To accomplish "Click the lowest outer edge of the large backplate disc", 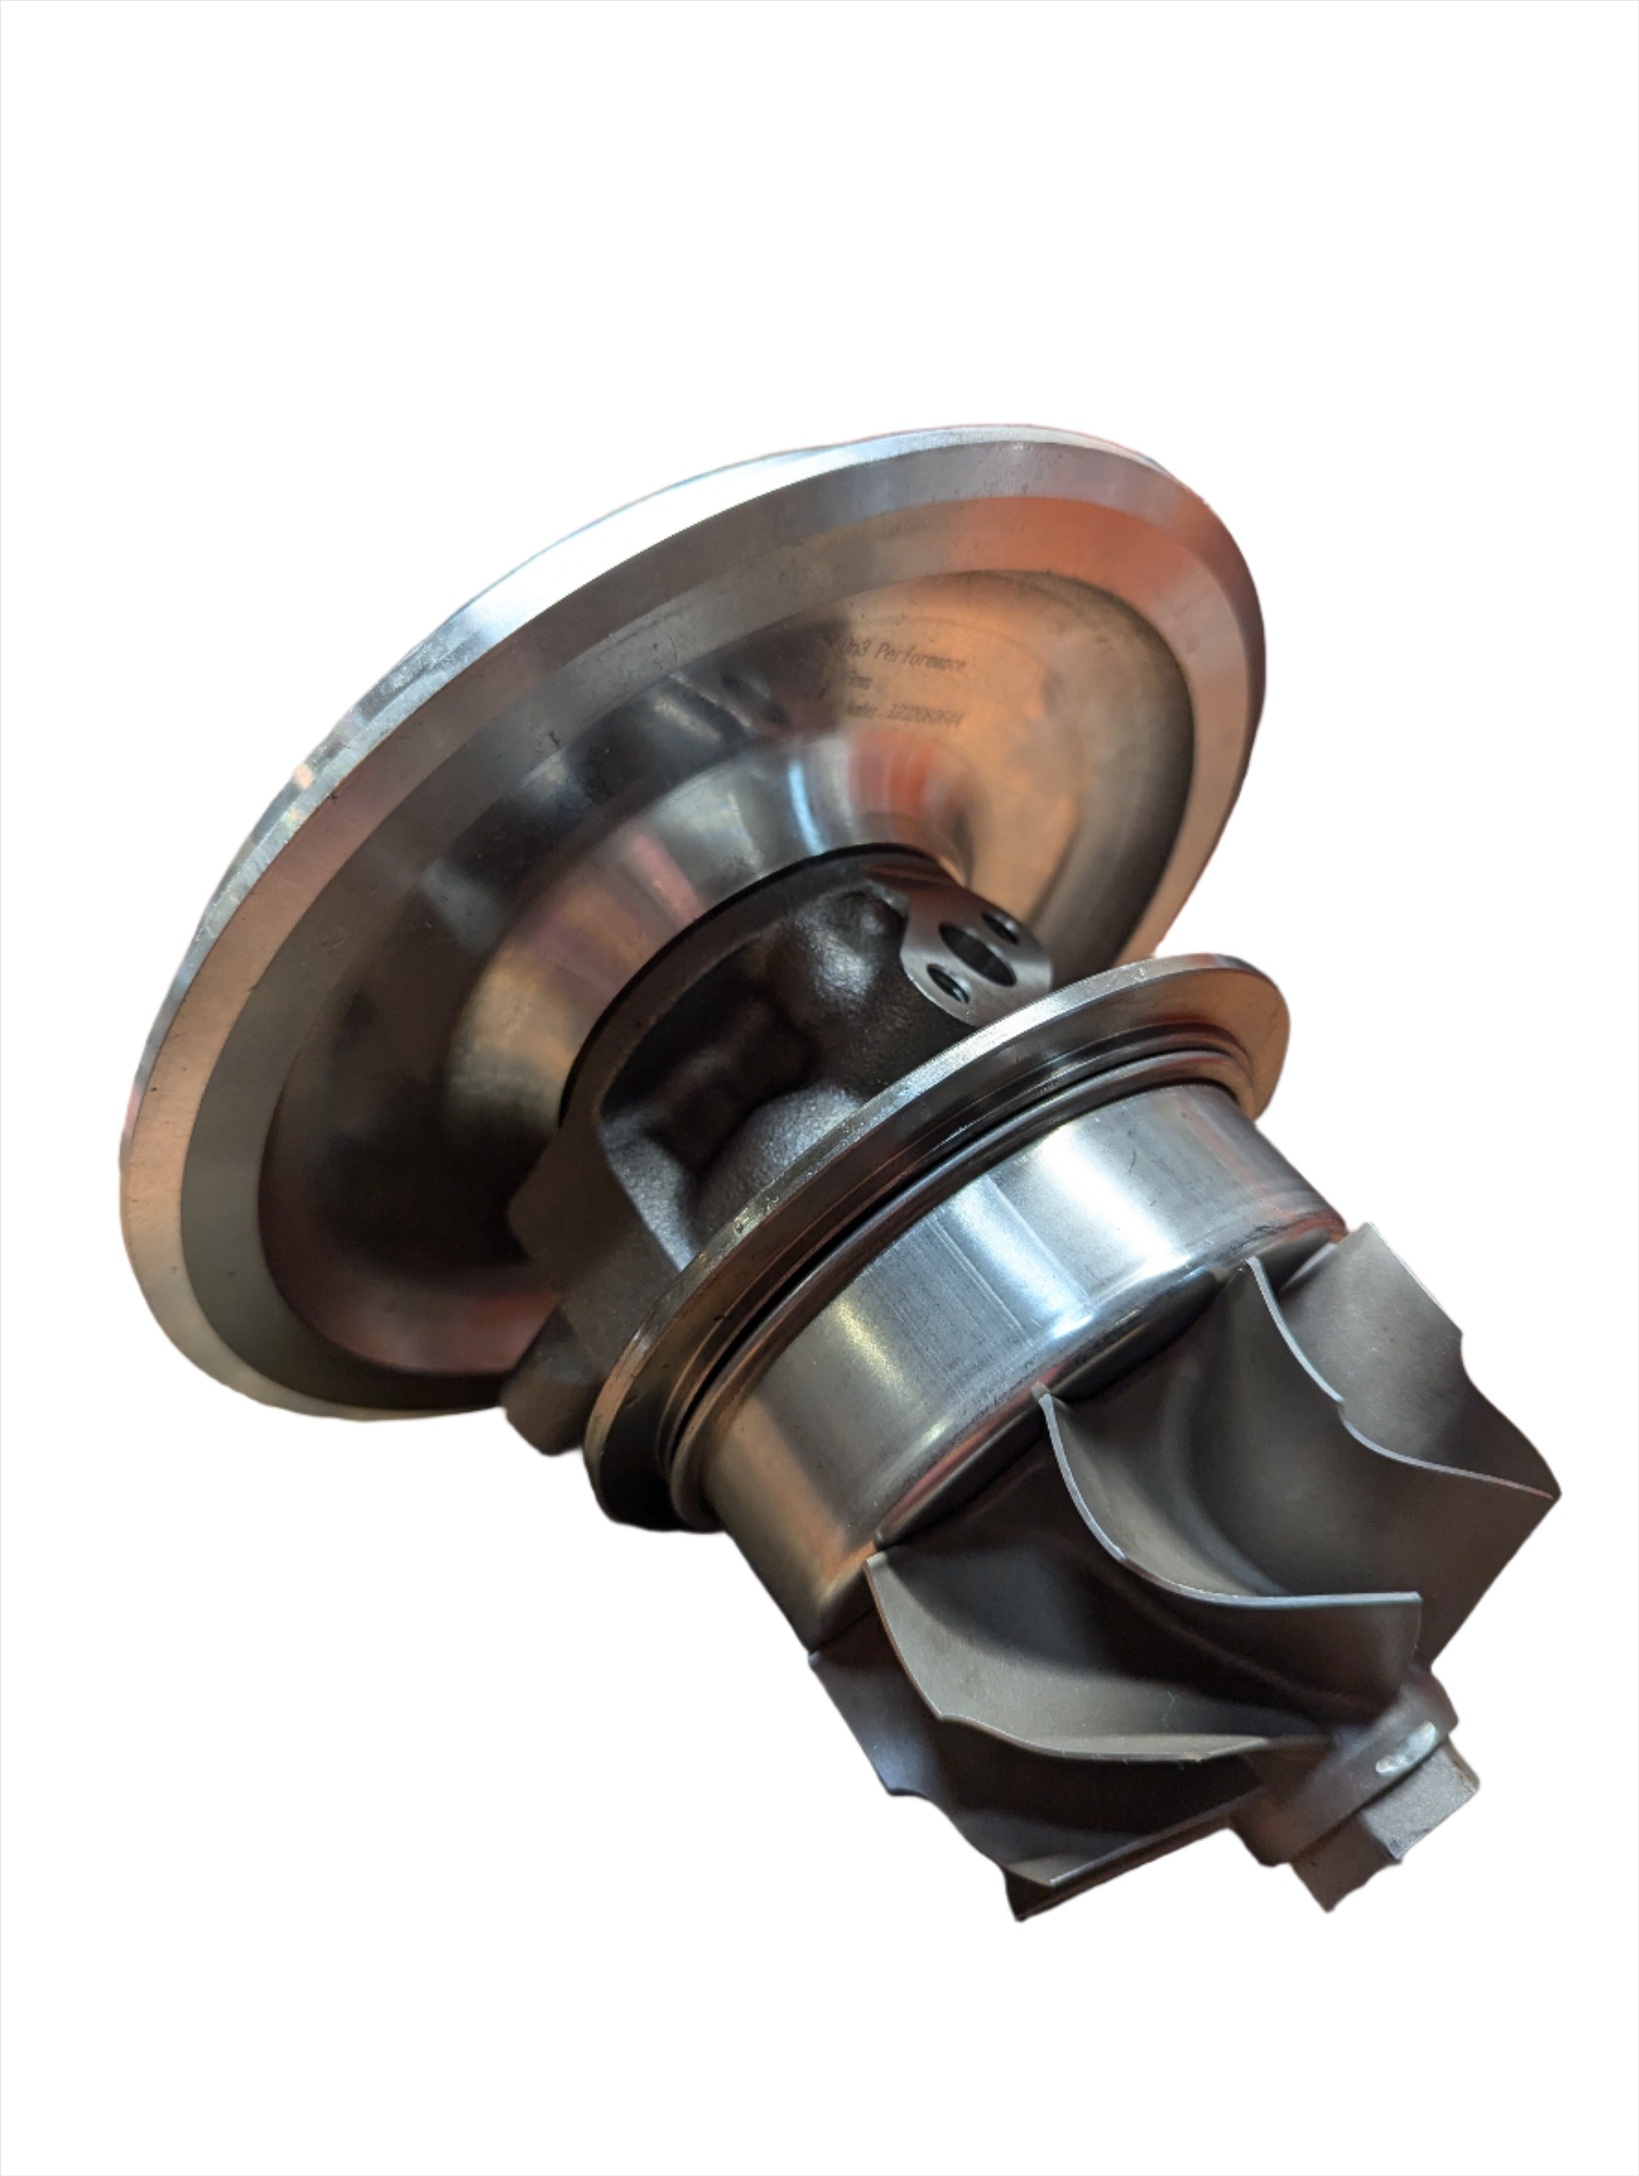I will pos(324,1412).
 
